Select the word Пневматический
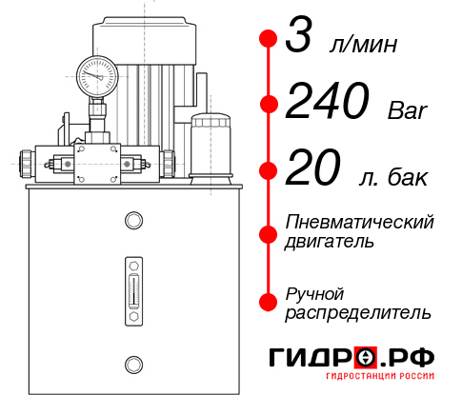[360, 222]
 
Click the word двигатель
[330, 242]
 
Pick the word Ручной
[315, 292]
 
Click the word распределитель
[358, 312]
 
